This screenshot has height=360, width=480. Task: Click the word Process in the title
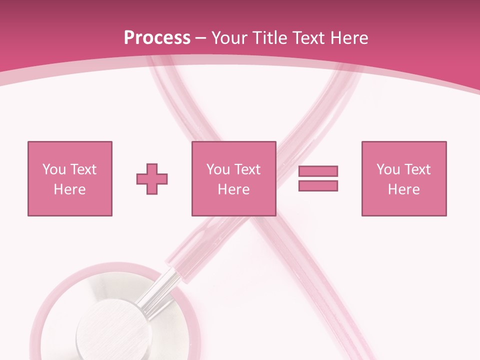pos(157,38)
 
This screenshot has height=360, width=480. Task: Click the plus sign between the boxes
pos(152,179)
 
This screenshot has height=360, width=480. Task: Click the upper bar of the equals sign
pos(318,171)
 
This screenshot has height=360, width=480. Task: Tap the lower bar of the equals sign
pos(318,185)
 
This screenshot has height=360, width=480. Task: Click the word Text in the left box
pos(83,169)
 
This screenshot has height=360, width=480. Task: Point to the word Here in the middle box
pos(233,189)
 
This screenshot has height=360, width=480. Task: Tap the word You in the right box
pos(388,169)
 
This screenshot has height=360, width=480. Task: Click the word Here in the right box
pos(403,189)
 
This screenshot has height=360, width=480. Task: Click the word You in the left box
pos(53,169)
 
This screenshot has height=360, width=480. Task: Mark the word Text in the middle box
pos(248,169)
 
